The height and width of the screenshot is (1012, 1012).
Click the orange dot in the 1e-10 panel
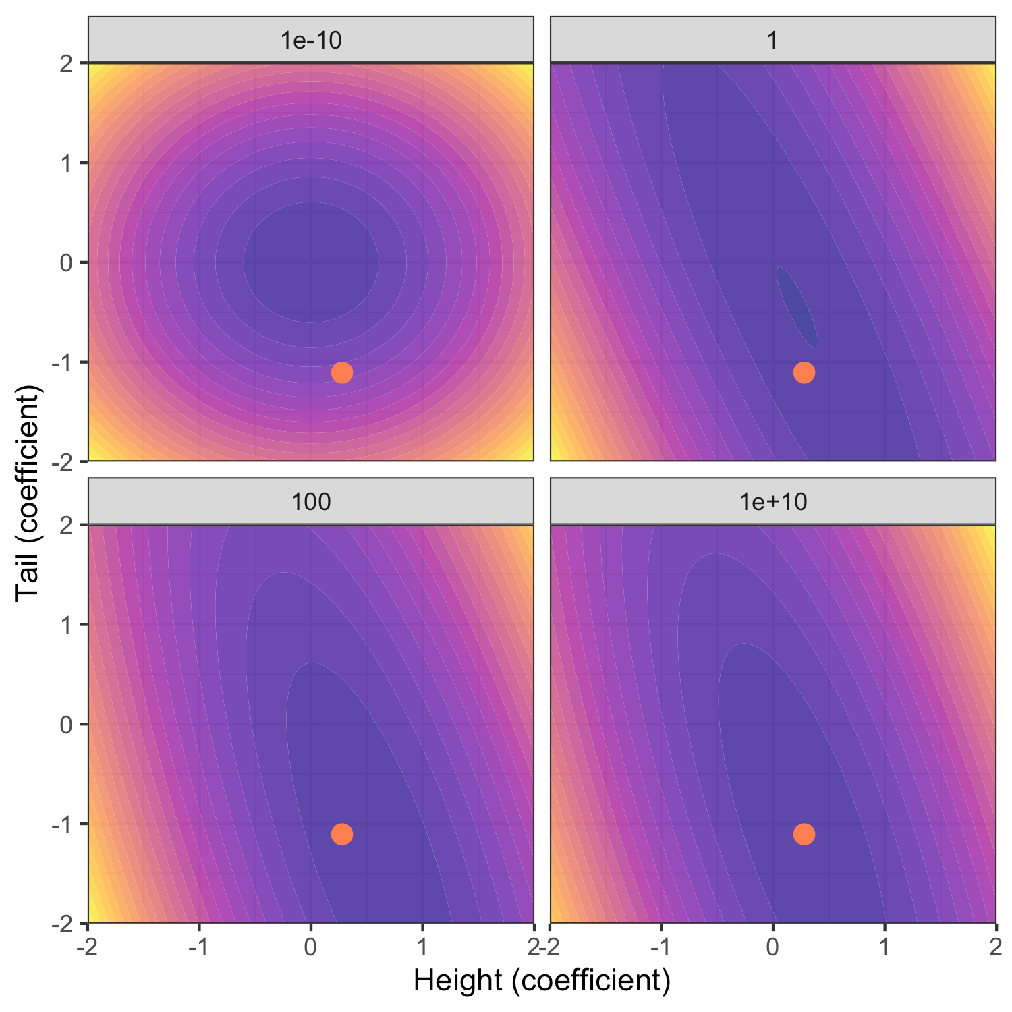pos(342,372)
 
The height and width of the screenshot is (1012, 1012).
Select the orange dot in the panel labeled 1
pos(804,372)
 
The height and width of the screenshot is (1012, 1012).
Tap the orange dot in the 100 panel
pos(342,834)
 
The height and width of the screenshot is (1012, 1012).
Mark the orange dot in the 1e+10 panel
pos(804,834)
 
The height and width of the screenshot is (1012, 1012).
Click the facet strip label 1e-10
pos(311,40)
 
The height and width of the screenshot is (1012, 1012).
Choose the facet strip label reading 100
pos(311,502)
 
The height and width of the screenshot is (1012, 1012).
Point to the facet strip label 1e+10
pos(773,502)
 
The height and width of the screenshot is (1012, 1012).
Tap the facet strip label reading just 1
pos(773,40)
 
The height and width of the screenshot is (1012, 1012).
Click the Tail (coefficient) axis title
pos(28,493)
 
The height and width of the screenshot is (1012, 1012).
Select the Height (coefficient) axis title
pos(542,980)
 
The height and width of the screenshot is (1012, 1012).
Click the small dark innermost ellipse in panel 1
pos(797,307)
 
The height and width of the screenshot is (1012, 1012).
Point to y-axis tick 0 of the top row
pos(66,262)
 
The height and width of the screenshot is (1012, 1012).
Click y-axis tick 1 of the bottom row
pos(66,625)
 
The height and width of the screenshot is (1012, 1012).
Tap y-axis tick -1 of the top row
pos(63,362)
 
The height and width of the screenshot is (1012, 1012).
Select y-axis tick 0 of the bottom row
pos(66,725)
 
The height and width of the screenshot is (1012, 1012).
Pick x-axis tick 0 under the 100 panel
pos(310,947)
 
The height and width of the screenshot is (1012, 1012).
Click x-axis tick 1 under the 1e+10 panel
pos(884,947)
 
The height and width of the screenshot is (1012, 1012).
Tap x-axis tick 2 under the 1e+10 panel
pos(995,947)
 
